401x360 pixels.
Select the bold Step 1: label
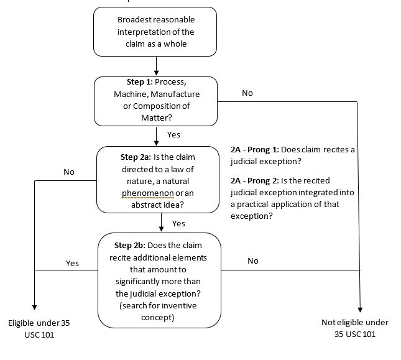(139, 82)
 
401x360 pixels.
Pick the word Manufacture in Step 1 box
(177, 94)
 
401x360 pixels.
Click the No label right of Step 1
(247, 93)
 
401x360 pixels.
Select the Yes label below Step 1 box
(174, 134)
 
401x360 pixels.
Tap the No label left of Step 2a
(69, 172)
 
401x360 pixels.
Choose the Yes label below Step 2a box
(178, 223)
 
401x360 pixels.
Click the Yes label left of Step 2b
(72, 263)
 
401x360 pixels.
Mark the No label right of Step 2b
(252, 261)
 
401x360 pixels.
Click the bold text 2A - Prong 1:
(258, 149)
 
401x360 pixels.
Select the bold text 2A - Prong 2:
(258, 180)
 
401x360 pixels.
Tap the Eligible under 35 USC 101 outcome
(35, 328)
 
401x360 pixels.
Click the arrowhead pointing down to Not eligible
(359, 308)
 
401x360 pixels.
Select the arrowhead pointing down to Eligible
(35, 308)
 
